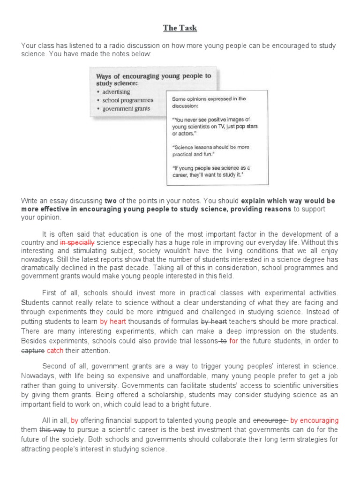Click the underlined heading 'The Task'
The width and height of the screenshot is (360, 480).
pyautogui.click(x=180, y=29)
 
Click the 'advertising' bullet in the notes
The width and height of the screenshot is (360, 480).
pyautogui.click(x=116, y=92)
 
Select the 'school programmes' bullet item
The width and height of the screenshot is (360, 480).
pyautogui.click(x=128, y=100)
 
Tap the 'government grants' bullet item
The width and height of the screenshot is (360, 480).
pyautogui.click(x=127, y=109)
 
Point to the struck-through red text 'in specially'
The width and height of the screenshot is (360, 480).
pyautogui.click(x=77, y=242)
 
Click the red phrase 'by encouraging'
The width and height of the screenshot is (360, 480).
pyautogui.click(x=314, y=420)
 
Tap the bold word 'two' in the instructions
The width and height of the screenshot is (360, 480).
pyautogui.click(x=111, y=201)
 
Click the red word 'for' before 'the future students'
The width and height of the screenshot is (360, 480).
pyautogui.click(x=233, y=341)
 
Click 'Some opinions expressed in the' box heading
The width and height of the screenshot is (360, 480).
pyautogui.click(x=209, y=99)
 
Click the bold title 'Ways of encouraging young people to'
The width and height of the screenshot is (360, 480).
pyautogui.click(x=153, y=75)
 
